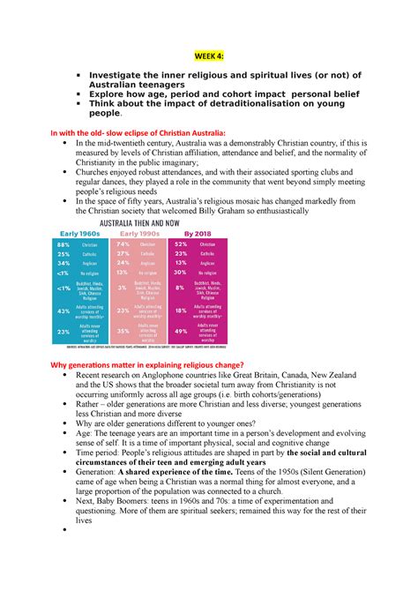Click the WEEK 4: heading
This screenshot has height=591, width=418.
209,55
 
